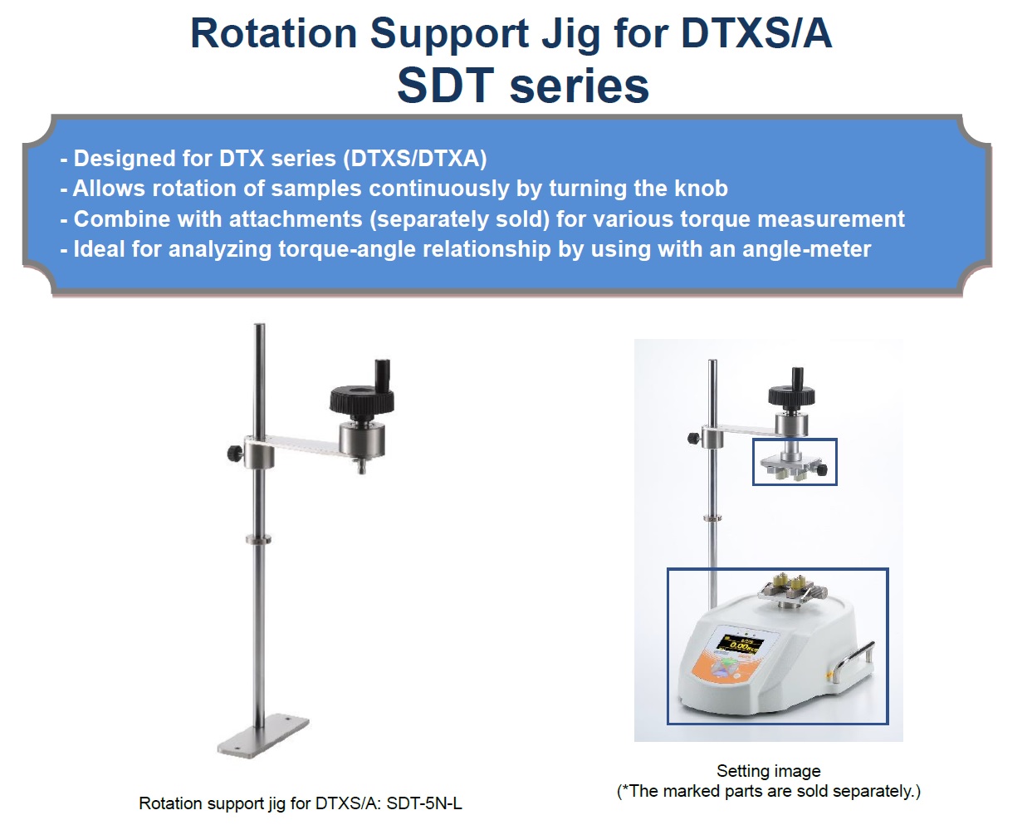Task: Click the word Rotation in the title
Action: pos(274,33)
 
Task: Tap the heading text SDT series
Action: pos(523,86)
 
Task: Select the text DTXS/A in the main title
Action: pos(756,33)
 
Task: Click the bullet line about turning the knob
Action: pos(394,189)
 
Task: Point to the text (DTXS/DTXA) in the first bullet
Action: pos(415,159)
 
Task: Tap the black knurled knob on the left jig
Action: pos(362,399)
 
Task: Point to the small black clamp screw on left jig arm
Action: pos(234,452)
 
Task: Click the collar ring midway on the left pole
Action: pos(259,539)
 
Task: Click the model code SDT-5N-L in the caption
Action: pos(424,803)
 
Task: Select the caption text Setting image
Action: pos(769,771)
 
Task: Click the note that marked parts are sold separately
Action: pos(769,791)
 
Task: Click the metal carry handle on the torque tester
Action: pos(855,664)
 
